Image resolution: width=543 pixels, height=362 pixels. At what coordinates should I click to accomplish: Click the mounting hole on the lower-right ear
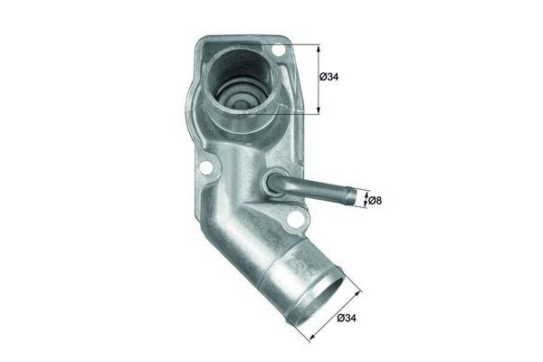[295, 217]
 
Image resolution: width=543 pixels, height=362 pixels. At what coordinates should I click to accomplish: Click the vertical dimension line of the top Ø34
[319, 80]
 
